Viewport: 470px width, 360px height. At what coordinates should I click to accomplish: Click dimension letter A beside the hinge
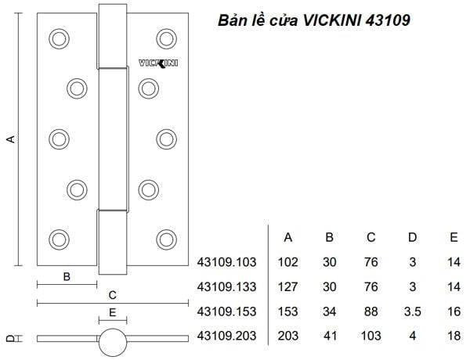pyautogui.click(x=11, y=139)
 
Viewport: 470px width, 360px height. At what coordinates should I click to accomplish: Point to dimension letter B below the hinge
pyautogui.click(x=67, y=276)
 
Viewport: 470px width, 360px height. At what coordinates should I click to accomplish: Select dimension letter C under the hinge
pyautogui.click(x=113, y=295)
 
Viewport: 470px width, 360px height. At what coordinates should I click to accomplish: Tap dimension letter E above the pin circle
pyautogui.click(x=113, y=312)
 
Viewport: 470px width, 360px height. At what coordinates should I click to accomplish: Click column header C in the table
pyautogui.click(x=371, y=237)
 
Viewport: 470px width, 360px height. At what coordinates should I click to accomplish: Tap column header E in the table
pyautogui.click(x=454, y=237)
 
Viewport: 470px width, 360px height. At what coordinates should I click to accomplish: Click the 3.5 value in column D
pyautogui.click(x=412, y=311)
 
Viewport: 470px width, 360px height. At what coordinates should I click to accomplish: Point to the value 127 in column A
pyautogui.click(x=287, y=287)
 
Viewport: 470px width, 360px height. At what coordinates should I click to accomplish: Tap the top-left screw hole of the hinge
pyautogui.click(x=59, y=38)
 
